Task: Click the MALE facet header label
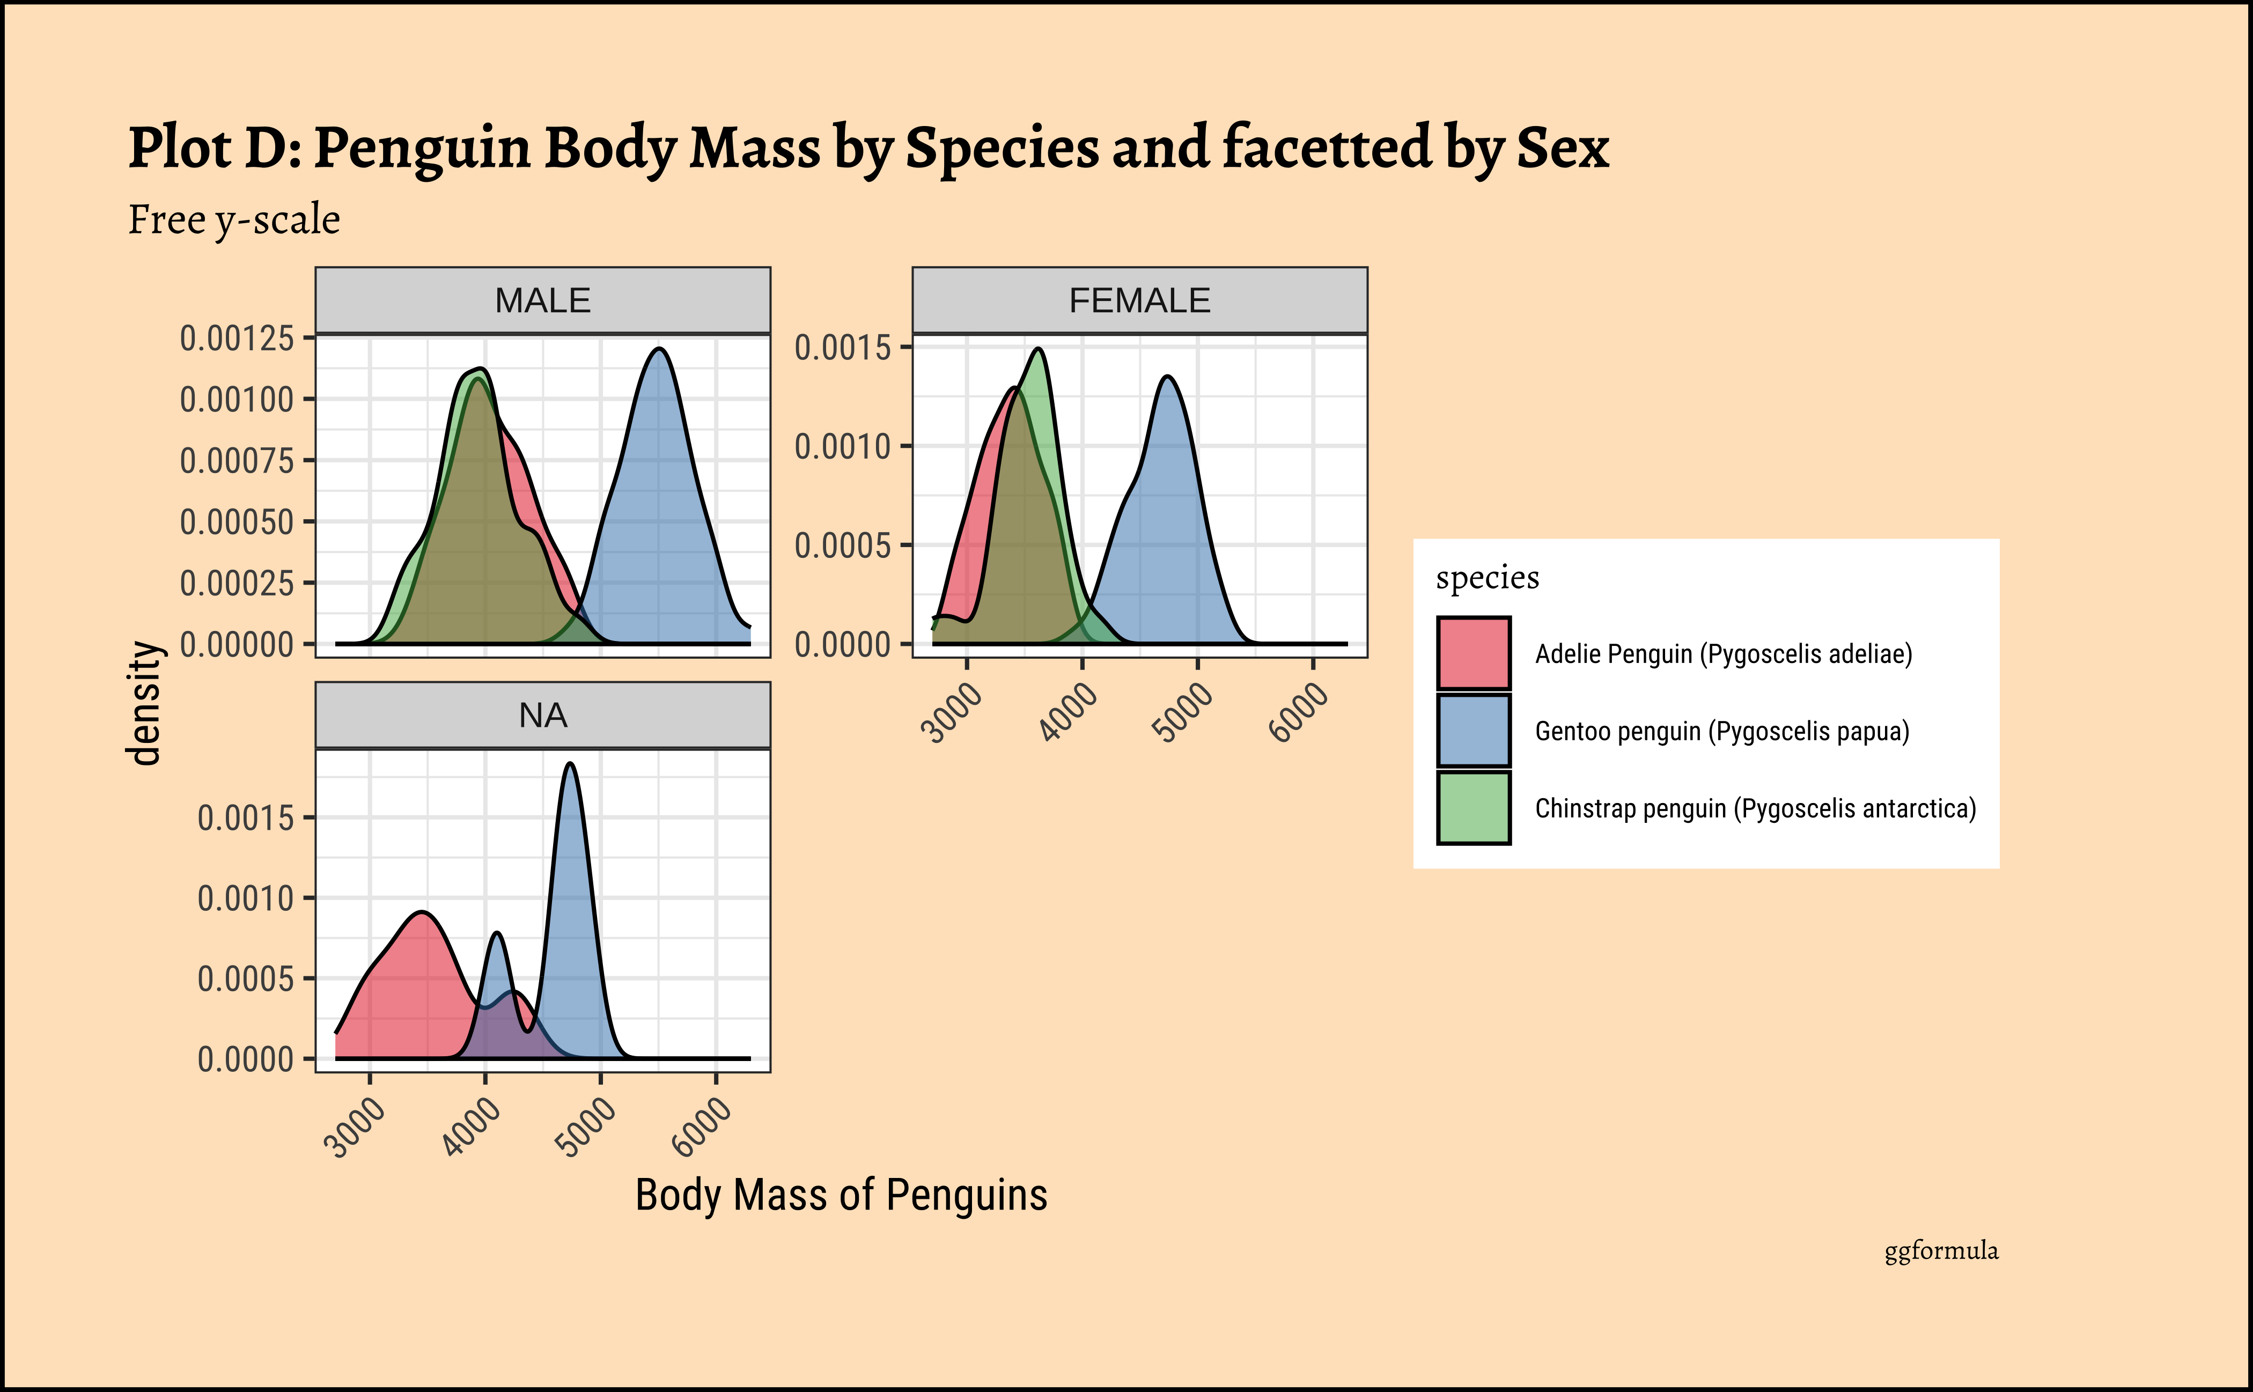(x=542, y=301)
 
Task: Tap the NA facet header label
(x=542, y=716)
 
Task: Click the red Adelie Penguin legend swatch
(x=1473, y=654)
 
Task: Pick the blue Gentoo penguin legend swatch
(x=1473, y=731)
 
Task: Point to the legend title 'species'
(x=1487, y=578)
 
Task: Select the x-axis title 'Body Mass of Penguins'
(x=841, y=1195)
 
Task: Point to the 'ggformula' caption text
(x=1941, y=1250)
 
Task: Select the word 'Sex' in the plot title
(x=1563, y=148)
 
